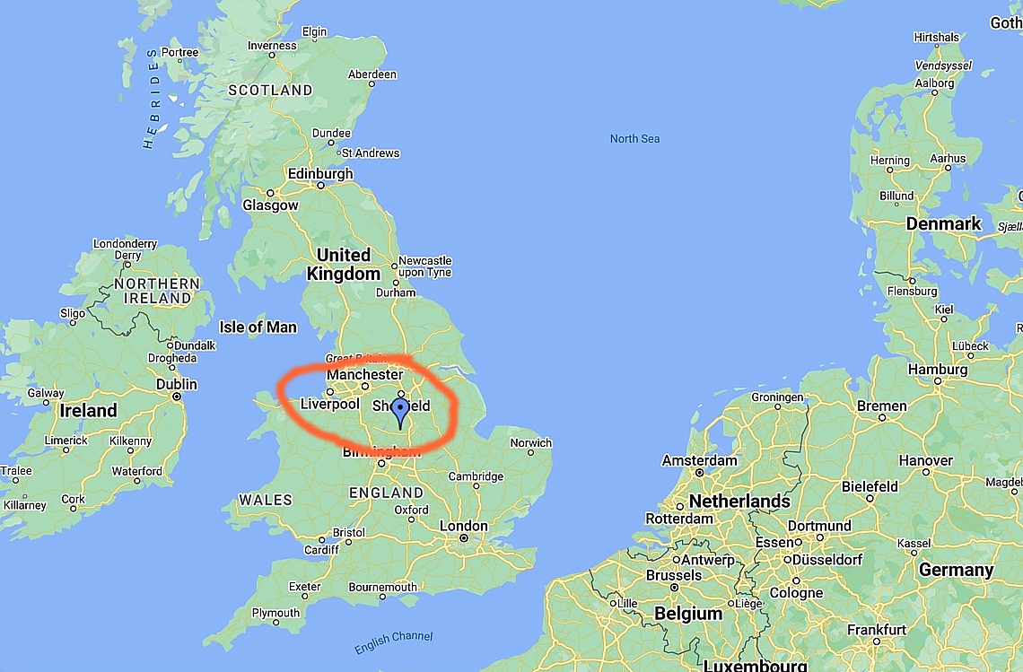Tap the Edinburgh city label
tap(319, 174)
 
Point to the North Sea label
tap(634, 138)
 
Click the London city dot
tap(463, 538)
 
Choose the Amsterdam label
tap(699, 460)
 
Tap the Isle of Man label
tap(258, 327)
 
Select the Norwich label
tap(530, 443)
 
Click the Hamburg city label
tap(937, 370)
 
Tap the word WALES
tap(265, 500)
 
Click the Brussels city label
tap(673, 575)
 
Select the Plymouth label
tap(275, 613)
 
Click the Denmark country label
tap(943, 223)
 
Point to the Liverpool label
tap(329, 405)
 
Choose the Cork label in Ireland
tap(74, 500)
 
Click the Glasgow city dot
tap(270, 192)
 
